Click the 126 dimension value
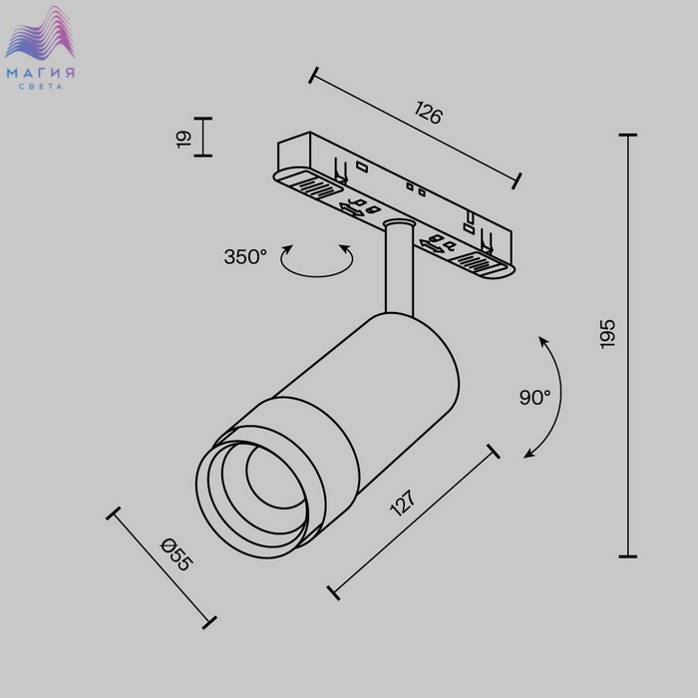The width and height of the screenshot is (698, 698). click(x=428, y=112)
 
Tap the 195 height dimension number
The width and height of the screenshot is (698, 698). click(x=607, y=334)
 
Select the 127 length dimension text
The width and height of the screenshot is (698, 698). click(x=403, y=503)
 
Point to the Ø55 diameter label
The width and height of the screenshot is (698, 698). click(x=176, y=554)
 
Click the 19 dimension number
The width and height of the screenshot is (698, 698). click(x=183, y=139)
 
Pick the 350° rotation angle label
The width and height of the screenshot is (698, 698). click(x=245, y=257)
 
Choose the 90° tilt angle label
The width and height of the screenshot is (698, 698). click(x=534, y=397)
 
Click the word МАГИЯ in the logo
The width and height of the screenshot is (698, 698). click(x=41, y=73)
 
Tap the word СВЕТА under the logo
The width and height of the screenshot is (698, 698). click(x=41, y=87)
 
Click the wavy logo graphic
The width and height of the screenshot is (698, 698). click(x=41, y=34)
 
